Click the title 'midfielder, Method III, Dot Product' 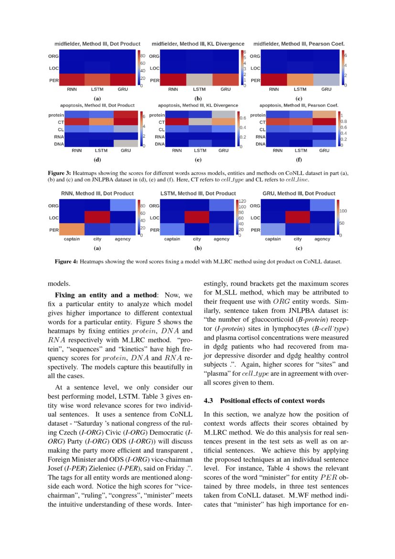97,44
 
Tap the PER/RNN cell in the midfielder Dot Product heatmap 72,80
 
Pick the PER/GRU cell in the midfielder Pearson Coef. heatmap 326,80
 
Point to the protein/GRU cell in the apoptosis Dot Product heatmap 126,115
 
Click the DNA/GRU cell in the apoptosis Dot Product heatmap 126,143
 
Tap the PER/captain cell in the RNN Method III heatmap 72,230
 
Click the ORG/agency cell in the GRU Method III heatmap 322,206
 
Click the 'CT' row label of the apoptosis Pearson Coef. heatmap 262,122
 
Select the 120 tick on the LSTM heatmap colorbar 242,201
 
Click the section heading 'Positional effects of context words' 272,401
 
